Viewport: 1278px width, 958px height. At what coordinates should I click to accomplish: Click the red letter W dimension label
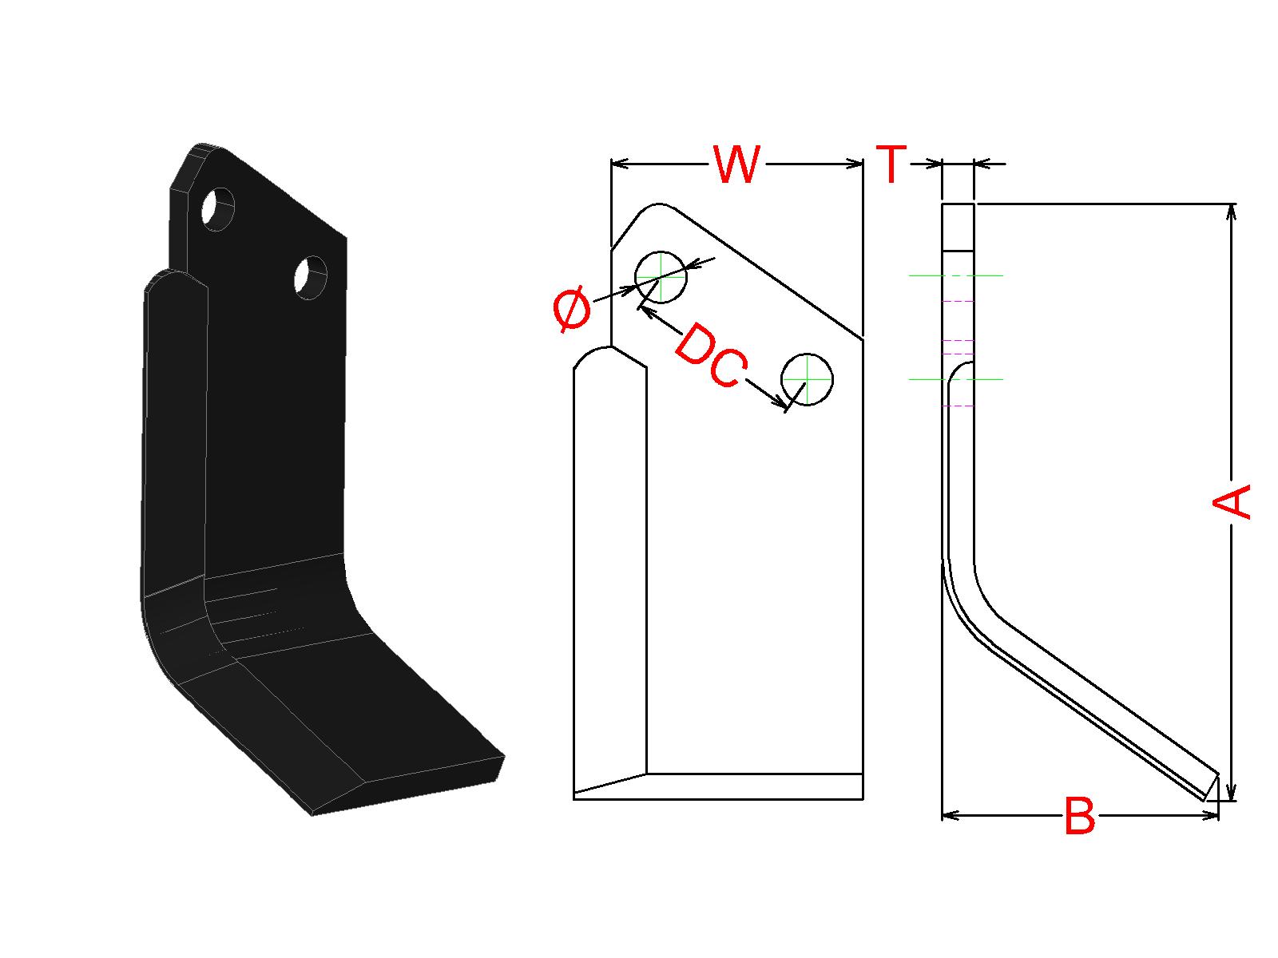736,165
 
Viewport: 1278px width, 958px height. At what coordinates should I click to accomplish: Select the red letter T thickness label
891,164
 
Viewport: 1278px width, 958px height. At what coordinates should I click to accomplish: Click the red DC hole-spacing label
709,356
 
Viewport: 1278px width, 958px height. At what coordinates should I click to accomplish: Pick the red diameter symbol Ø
572,311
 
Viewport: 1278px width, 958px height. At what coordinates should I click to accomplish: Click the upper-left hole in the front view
661,276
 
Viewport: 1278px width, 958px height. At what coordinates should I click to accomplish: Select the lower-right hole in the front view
807,378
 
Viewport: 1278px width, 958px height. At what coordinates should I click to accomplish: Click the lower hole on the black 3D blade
310,278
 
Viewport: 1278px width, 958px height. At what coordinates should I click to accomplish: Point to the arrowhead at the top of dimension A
1232,211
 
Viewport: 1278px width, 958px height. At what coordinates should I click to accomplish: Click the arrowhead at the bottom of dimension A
1232,793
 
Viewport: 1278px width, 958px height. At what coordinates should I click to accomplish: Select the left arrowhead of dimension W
619,164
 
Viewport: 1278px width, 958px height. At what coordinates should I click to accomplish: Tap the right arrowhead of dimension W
855,164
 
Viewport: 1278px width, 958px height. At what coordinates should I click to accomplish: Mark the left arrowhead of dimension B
951,815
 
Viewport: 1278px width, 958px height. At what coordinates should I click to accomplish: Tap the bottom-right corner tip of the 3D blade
504,755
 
